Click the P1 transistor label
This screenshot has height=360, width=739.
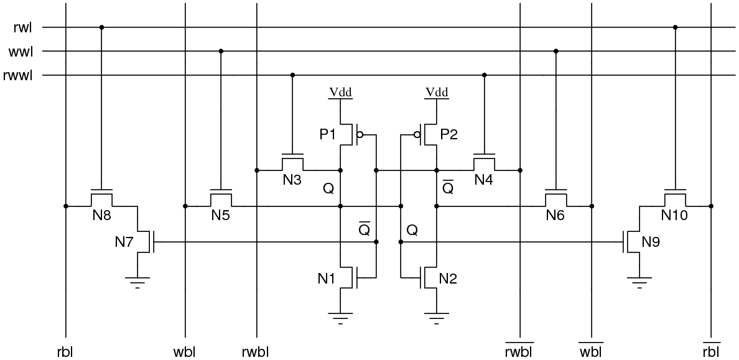[x=328, y=134]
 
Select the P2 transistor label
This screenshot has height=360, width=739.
[x=449, y=134]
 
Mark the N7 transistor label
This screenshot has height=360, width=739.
[x=124, y=242]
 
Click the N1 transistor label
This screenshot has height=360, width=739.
[x=328, y=279]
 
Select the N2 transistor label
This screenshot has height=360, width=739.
[x=449, y=279]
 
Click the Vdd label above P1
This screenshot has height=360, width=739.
[x=340, y=93]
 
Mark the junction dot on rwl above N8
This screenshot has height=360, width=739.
[x=102, y=27]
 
